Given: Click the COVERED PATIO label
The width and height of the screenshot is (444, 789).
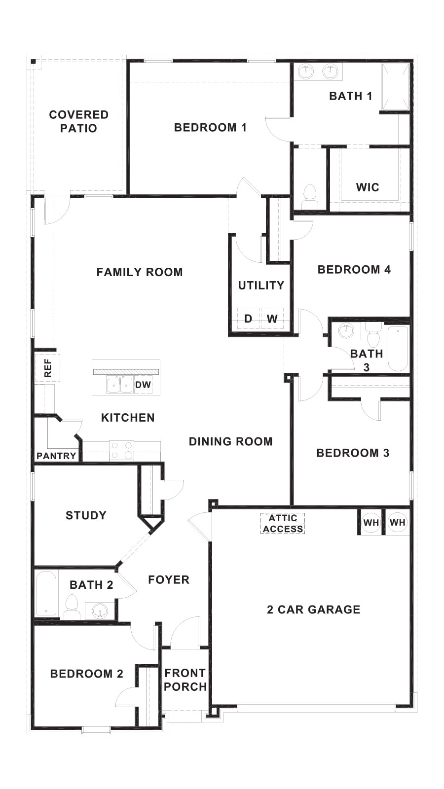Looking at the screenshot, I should pyautogui.click(x=78, y=121).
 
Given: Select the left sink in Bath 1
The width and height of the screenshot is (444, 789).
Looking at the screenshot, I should pyautogui.click(x=306, y=72).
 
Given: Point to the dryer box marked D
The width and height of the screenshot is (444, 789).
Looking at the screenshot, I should pyautogui.click(x=248, y=319).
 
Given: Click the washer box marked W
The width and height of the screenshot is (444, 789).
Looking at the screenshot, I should pyautogui.click(x=272, y=319).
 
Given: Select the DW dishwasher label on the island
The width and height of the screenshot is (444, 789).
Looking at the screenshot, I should pyautogui.click(x=143, y=385).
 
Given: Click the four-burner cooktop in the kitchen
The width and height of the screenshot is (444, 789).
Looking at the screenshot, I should pyautogui.click(x=121, y=451).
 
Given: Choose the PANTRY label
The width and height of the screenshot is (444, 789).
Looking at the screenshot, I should pyautogui.click(x=56, y=456).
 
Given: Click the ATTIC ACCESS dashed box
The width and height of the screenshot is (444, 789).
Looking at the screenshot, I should pyautogui.click(x=283, y=524).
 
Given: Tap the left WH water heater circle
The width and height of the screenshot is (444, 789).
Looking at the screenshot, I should pyautogui.click(x=371, y=522).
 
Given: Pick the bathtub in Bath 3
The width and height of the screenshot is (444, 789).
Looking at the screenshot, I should pyautogui.click(x=398, y=348).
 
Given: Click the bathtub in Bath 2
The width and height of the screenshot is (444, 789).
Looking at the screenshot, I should pyautogui.click(x=46, y=594).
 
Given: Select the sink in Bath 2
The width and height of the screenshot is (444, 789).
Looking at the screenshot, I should pyautogui.click(x=100, y=611).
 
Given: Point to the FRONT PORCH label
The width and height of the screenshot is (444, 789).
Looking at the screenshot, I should pyautogui.click(x=185, y=680).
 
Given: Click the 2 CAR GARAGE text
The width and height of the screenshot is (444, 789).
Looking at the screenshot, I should pyautogui.click(x=313, y=610).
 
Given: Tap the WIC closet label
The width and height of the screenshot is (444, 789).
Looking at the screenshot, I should pyautogui.click(x=368, y=187).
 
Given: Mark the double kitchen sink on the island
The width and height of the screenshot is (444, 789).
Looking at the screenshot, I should pyautogui.click(x=120, y=385).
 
